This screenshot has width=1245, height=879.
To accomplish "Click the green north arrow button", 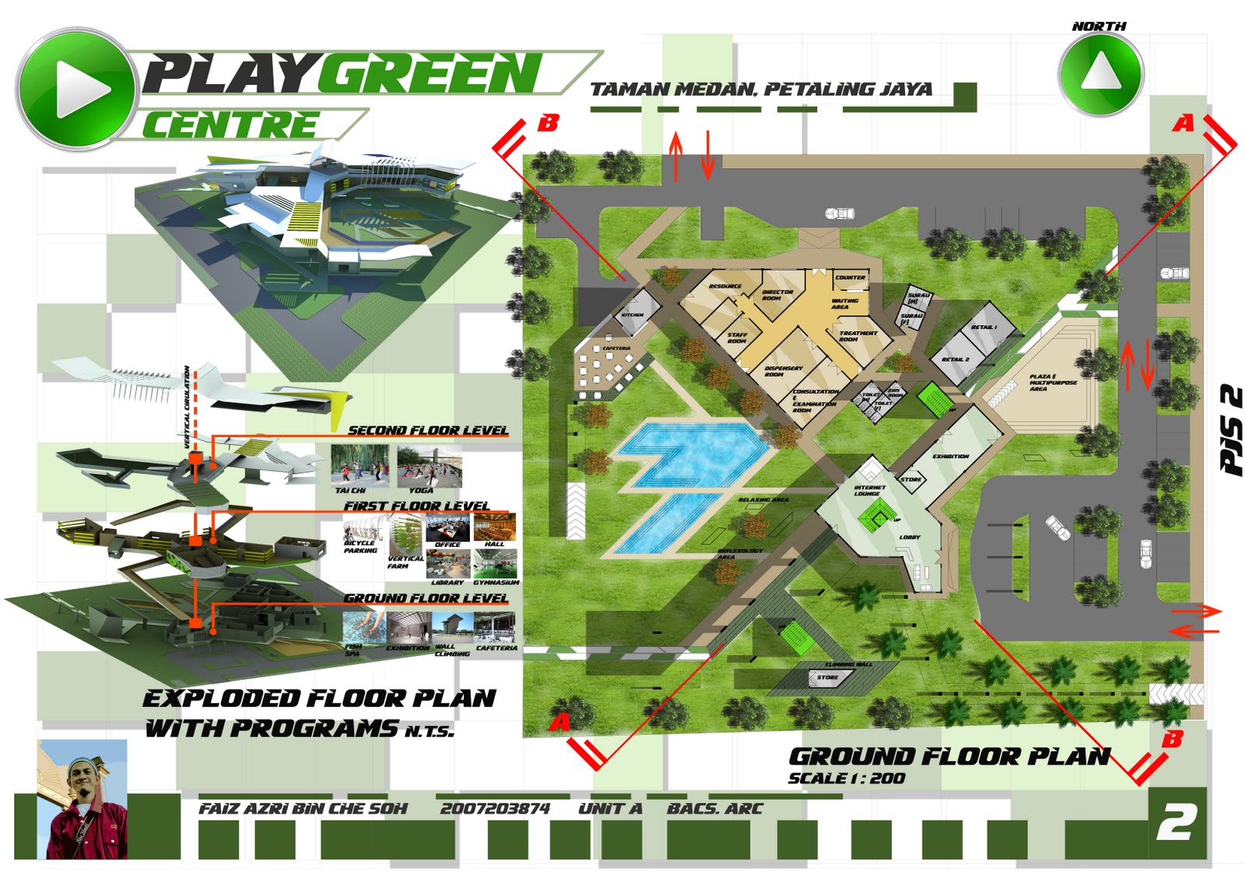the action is [x=1100, y=75].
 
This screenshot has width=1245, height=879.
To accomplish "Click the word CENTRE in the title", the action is [x=230, y=125].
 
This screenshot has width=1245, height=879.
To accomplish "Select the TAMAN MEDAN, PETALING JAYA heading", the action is [x=760, y=89].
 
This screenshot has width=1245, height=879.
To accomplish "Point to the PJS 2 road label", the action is [x=1231, y=430].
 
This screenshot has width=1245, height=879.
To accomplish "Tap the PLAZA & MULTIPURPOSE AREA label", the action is [x=1053, y=382].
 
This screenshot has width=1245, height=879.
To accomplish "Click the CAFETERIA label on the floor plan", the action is [x=616, y=348].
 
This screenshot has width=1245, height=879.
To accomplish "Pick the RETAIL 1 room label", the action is [x=984, y=327].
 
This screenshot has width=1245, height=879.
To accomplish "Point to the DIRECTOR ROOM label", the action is [x=777, y=295].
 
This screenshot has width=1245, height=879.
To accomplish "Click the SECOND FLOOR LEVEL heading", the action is [x=427, y=430].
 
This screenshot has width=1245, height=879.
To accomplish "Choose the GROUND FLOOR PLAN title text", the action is [x=949, y=756].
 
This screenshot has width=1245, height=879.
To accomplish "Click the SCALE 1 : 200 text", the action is [x=847, y=778].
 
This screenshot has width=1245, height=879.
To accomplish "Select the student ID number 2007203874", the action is [x=495, y=809].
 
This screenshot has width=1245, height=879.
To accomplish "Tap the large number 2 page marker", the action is [x=1176, y=822].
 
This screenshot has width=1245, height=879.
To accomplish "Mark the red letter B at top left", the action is [x=548, y=123].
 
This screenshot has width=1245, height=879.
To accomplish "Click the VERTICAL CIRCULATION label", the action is [x=188, y=407].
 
